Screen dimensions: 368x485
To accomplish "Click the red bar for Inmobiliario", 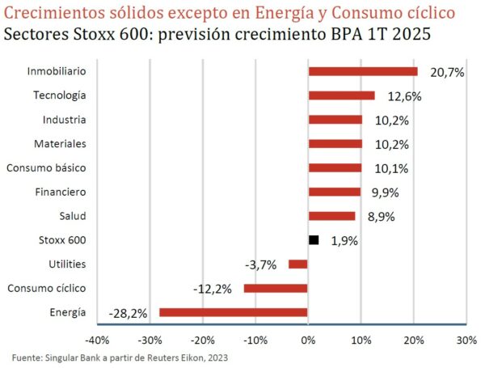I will tap(363, 71).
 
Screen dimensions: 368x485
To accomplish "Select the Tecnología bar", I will tap(341, 95).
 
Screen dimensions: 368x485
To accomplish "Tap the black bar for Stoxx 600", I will tap(314, 240).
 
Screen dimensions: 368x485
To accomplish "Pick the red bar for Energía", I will tap(234, 312).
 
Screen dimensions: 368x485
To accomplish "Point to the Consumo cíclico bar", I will tap(276, 288).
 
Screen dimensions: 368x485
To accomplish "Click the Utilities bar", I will tap(298, 264).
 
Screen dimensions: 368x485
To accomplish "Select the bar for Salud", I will tap(331, 216).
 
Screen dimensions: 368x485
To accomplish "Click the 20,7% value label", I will tap(447, 73).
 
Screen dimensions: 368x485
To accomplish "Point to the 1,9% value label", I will tap(344, 241).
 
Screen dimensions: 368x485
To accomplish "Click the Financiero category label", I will tap(60, 192).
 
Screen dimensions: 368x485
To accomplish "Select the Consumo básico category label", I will tap(46, 167).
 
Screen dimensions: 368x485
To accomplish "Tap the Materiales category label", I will tap(60, 143).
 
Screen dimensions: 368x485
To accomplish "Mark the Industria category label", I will tap(65, 120).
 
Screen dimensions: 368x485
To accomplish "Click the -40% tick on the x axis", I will tap(98, 340).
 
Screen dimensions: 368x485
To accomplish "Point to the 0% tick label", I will tap(308, 340).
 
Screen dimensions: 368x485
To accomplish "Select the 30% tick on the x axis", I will tap(466, 340).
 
